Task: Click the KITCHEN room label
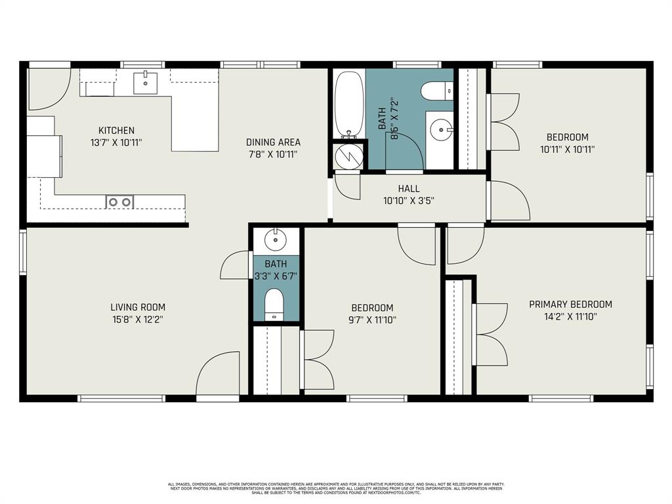click(116, 131)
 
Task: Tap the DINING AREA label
click(273, 142)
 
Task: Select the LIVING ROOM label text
click(137, 307)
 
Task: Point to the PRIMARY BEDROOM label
click(570, 304)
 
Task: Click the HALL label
click(408, 189)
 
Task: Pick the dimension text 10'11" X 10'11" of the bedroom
click(567, 149)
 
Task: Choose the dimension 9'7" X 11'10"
click(372, 320)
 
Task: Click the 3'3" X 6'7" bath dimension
click(276, 276)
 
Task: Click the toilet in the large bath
click(436, 91)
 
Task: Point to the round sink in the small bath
click(276, 239)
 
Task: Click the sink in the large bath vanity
click(441, 130)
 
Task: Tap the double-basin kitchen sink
click(119, 202)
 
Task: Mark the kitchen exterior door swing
click(49, 89)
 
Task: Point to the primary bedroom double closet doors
click(491, 335)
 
